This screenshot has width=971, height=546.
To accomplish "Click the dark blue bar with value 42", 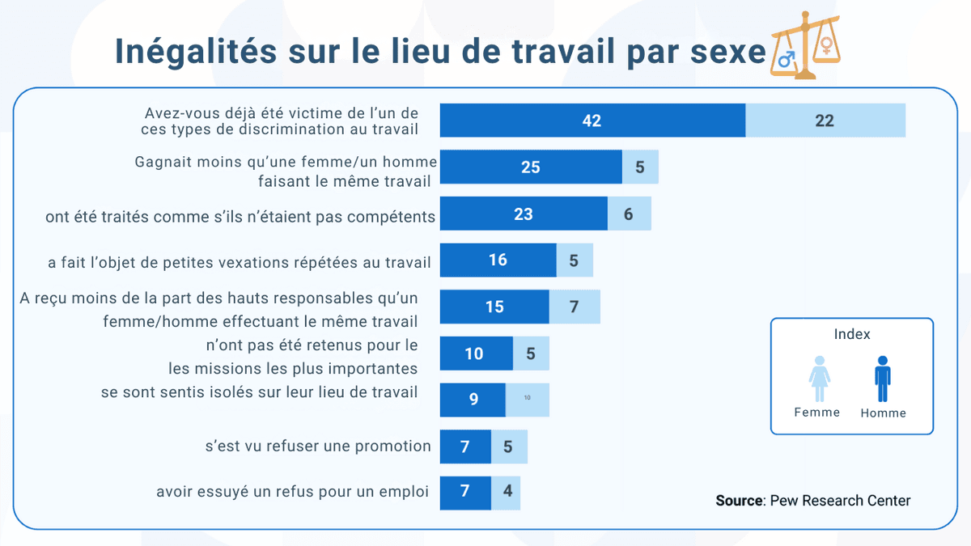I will pyautogui.click(x=592, y=121).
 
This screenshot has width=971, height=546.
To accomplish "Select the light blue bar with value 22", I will pyautogui.click(x=825, y=121).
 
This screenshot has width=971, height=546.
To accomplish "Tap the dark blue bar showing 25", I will pyautogui.click(x=530, y=167).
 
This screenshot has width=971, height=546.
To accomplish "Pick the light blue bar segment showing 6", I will pyautogui.click(x=629, y=214).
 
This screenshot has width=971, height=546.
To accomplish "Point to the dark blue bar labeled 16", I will pyautogui.click(x=498, y=260).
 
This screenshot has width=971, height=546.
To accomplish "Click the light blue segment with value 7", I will pyautogui.click(x=575, y=307).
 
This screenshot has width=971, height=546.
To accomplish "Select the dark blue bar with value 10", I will pyautogui.click(x=476, y=353).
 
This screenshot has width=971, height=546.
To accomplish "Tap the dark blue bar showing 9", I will pyautogui.click(x=473, y=400).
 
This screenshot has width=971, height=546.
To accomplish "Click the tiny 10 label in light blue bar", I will pyautogui.click(x=528, y=398).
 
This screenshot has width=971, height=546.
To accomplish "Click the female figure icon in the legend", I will pyautogui.click(x=819, y=379).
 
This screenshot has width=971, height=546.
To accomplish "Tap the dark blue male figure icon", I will pyautogui.click(x=883, y=379).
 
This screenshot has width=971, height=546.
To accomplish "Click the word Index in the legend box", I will pyautogui.click(x=851, y=334).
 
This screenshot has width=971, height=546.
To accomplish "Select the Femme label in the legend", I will pyautogui.click(x=817, y=413).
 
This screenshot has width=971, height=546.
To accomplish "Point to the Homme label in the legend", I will pyautogui.click(x=883, y=413).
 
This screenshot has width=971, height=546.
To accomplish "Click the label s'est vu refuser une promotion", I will pyautogui.click(x=318, y=447).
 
